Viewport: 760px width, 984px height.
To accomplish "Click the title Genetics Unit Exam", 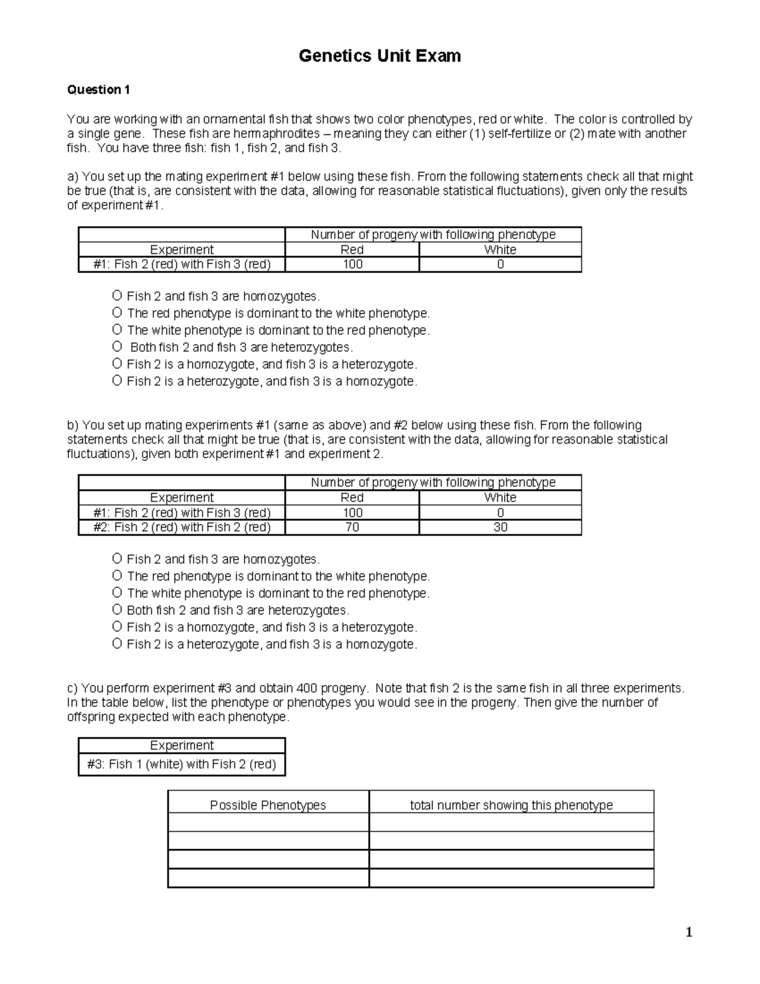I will point(379,56).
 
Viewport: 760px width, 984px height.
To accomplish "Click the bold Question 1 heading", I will point(98,90).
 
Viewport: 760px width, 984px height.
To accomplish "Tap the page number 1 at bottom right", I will point(689,932).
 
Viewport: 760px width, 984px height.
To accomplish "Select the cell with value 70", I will point(352,527).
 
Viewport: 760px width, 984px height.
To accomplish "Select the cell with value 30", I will point(500,527).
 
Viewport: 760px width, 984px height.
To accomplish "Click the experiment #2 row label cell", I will point(182,527).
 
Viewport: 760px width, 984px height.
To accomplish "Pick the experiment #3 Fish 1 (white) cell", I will point(182,764).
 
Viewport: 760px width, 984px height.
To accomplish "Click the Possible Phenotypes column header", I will point(268,805).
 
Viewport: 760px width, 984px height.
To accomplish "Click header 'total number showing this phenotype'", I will point(511,805).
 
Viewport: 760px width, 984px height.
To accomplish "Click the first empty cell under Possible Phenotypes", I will point(268,822).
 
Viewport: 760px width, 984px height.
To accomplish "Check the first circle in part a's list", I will point(117,296).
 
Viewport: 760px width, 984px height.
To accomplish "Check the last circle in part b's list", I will point(117,644).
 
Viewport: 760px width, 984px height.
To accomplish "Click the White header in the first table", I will point(500,250).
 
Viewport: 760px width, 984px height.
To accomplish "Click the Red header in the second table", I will point(352,497).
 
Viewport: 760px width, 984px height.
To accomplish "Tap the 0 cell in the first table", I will point(500,264).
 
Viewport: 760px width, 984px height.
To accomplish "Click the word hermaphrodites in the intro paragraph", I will point(276,134).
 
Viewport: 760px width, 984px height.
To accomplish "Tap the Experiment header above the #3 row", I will point(182,745).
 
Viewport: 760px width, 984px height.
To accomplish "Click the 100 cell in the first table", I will point(352,264).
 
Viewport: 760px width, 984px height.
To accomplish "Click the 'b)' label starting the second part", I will point(73,425).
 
